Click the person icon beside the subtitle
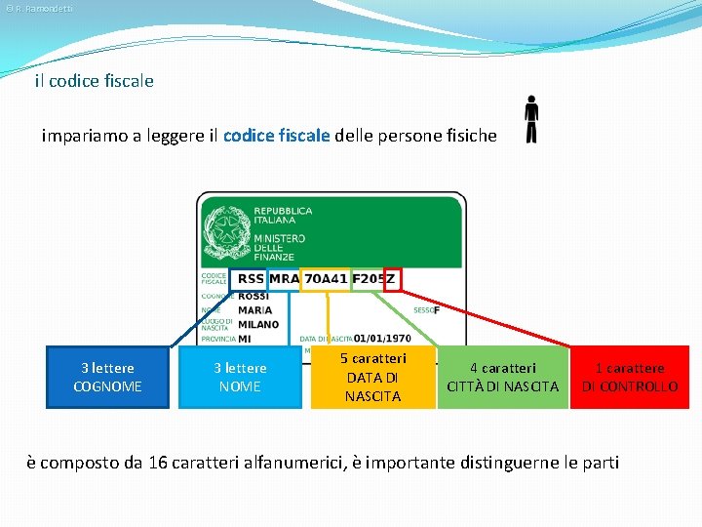(530, 119)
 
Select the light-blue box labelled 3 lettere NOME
(240, 377)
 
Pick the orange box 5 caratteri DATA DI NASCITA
(372, 377)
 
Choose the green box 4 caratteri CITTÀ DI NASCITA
(502, 377)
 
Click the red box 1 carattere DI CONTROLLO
(629, 377)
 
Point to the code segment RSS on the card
(250, 279)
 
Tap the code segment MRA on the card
(284, 279)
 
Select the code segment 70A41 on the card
(325, 279)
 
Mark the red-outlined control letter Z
(392, 279)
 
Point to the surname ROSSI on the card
(253, 296)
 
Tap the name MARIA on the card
(254, 310)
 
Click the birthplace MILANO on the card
(258, 324)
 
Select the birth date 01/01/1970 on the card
(382, 339)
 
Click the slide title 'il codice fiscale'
(94, 81)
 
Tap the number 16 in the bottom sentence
(158, 462)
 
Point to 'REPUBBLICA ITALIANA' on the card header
(283, 216)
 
